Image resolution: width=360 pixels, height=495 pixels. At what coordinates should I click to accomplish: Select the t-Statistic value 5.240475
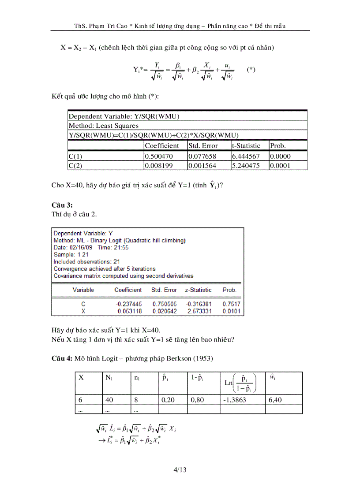point(246,166)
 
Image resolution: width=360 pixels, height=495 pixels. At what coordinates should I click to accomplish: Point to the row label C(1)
point(75,156)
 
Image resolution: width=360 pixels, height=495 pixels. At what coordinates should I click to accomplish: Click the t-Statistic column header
point(246,145)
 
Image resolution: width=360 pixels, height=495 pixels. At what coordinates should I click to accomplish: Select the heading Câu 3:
point(62,205)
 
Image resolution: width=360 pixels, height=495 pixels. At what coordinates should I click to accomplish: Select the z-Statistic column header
point(199,290)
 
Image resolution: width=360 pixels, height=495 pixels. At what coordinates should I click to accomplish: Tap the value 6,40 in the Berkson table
point(275,401)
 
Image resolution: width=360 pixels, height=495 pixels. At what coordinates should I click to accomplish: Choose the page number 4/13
point(180,470)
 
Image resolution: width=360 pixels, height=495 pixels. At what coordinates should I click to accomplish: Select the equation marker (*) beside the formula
point(251,70)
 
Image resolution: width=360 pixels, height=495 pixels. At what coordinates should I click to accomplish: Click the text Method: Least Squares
point(103,126)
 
